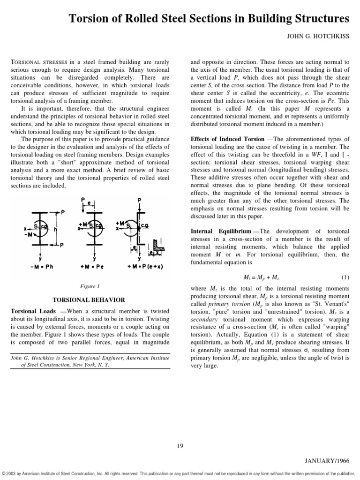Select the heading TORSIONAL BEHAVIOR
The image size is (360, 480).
89,300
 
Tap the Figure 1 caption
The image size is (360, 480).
89,285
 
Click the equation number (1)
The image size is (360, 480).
345,277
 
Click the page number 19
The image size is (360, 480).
180,445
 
